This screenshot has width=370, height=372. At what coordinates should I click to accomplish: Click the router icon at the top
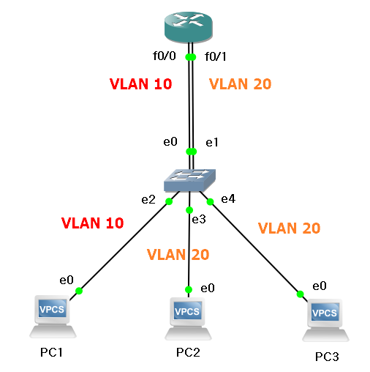pos(189,27)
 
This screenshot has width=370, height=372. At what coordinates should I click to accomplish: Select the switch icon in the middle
pos(190,180)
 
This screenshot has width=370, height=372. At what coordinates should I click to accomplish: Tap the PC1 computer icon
pos(53,316)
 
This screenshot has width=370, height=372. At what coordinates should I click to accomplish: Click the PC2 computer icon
pos(188,319)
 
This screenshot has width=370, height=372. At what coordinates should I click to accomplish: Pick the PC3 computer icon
pos(325,320)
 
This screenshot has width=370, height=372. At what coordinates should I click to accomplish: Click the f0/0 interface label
pos(165,56)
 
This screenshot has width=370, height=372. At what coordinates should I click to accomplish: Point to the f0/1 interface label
pos(216,56)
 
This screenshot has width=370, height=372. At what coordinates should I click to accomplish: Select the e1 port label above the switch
pos(212,143)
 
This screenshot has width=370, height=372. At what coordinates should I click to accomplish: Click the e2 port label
pos(148,200)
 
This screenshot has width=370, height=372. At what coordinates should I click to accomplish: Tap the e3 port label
pos(199,220)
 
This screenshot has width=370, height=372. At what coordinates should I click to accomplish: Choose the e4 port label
pos(228,199)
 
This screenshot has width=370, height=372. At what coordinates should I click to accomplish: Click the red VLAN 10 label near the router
pos(141,83)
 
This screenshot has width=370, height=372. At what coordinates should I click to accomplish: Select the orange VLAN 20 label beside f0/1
pos(241,84)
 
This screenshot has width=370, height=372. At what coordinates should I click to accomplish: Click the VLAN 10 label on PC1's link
pos(93,223)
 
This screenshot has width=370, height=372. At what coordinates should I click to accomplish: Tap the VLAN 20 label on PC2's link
pos(178,255)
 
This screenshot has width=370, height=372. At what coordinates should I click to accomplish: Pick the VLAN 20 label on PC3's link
pos(290,228)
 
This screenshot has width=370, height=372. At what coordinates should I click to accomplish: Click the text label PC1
pos(51,352)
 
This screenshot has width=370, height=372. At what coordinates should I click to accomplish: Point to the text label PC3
pos(327,357)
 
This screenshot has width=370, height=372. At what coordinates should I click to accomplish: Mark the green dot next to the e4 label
pos(210,202)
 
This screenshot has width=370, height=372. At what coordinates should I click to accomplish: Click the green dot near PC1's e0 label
pos(79,291)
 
